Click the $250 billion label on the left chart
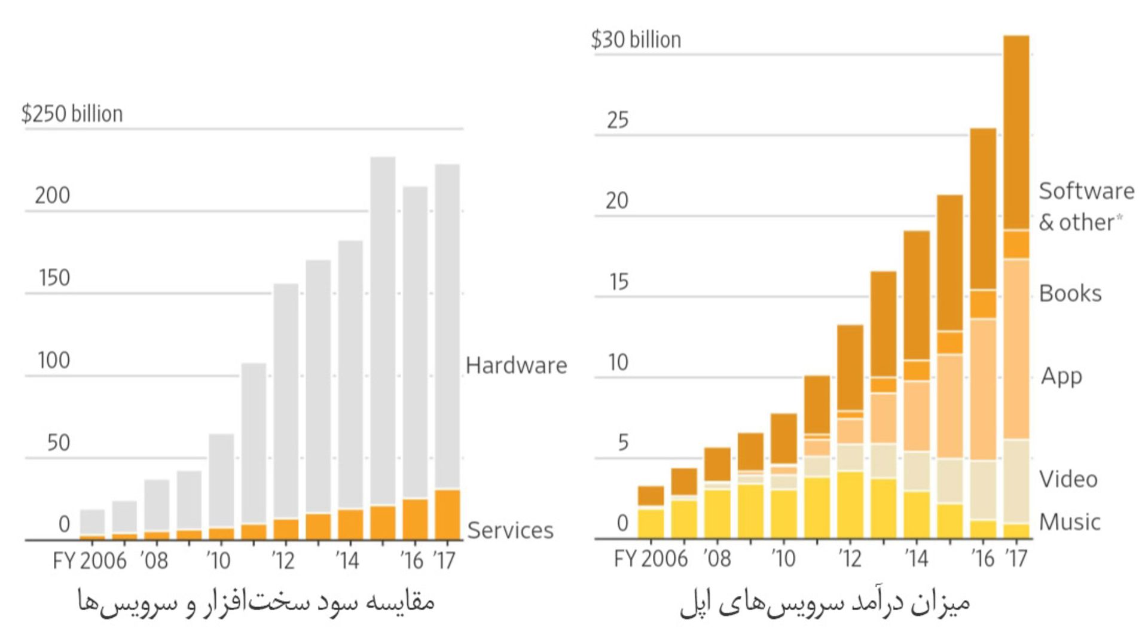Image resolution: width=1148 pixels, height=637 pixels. click(72, 114)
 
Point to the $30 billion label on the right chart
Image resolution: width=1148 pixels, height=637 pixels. click(636, 40)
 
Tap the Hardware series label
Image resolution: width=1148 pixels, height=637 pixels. click(516, 365)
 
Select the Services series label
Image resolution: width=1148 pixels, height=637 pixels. click(510, 531)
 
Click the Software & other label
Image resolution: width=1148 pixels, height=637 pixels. click(1085, 206)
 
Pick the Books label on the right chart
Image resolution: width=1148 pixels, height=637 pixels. click(1070, 294)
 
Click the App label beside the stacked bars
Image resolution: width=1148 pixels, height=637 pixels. click(1061, 376)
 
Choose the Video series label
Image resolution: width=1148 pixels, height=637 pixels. click(1068, 479)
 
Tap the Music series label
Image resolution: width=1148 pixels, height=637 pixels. click(1069, 522)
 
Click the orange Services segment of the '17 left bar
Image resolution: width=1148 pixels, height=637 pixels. click(447, 514)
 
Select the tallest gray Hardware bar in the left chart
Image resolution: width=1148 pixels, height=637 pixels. click(383, 329)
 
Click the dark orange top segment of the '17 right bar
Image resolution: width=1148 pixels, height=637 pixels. click(1016, 132)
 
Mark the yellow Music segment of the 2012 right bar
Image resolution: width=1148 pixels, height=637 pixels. click(850, 505)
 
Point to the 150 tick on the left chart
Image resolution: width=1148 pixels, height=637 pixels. click(54, 278)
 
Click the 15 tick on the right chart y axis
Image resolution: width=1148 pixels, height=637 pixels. click(618, 282)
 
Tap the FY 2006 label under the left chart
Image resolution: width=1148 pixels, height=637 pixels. click(90, 561)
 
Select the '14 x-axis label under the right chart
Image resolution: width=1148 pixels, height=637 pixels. click(916, 559)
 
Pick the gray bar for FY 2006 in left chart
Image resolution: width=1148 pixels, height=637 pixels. click(92, 522)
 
